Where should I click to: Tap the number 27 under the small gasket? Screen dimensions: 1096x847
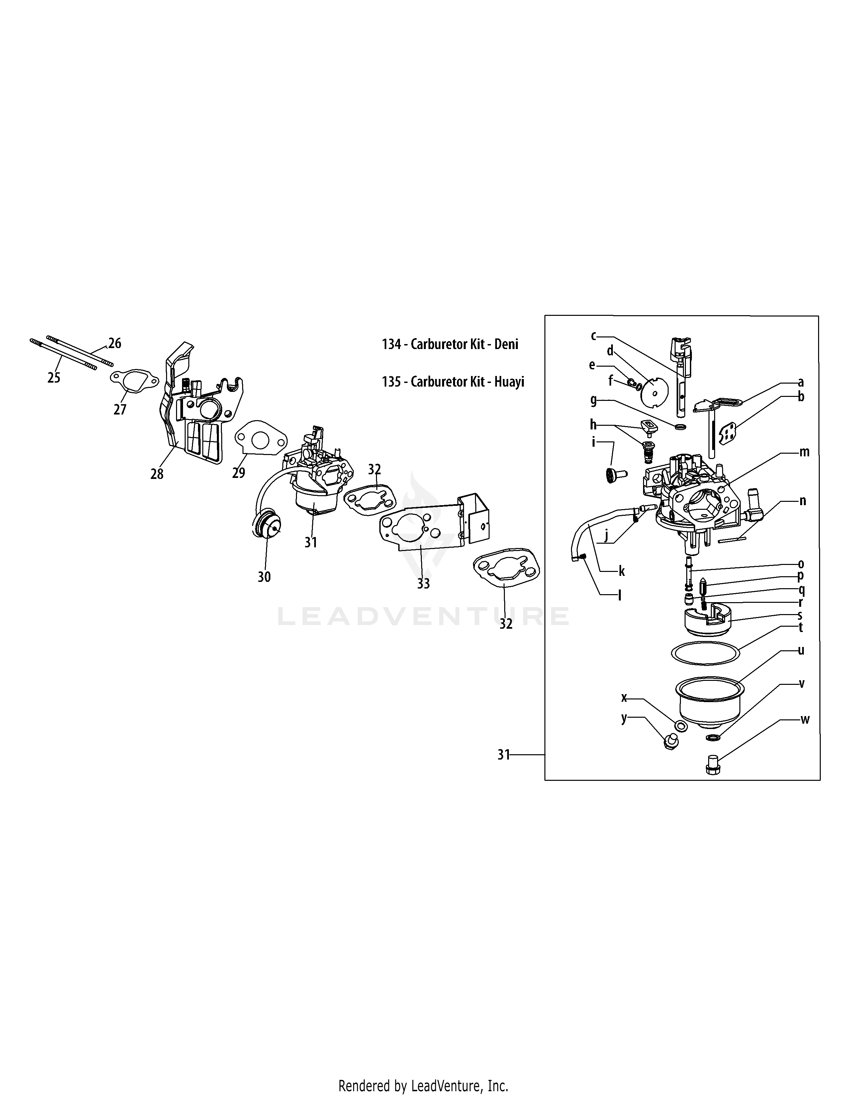coord(120,410)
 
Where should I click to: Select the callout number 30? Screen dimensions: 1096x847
coord(264,577)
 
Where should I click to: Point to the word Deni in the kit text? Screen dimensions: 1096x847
coord(507,344)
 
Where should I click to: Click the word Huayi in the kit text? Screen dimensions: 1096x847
coord(509,382)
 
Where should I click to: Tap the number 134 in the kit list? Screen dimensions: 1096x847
coord(391,344)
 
